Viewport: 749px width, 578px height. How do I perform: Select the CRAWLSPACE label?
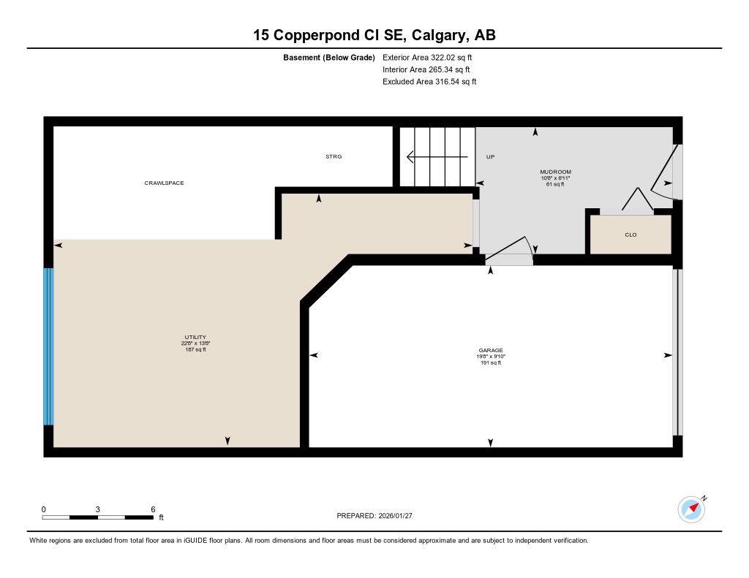pos(164,183)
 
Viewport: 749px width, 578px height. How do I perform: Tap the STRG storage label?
pos(334,156)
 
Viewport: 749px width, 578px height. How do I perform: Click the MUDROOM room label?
pos(555,172)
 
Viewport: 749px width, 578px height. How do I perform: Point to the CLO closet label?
pos(631,235)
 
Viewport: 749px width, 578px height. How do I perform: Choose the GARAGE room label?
pos(490,350)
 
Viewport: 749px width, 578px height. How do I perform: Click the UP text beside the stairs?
pos(491,156)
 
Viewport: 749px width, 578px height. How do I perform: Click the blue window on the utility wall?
pos(48,346)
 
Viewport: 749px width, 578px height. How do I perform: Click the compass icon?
pos(691,509)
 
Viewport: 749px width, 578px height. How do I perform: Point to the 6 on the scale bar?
pos(153,509)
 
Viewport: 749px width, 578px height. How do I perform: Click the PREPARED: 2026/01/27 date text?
pos(379,516)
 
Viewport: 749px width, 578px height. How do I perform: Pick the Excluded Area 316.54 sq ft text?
pos(429,82)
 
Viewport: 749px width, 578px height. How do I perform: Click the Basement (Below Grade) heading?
pos(329,57)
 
